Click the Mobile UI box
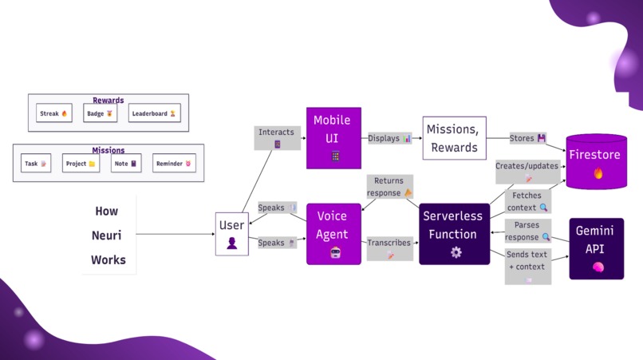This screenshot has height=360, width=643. [x=333, y=138]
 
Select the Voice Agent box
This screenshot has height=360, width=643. [x=333, y=234]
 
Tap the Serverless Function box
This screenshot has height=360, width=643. [x=454, y=234]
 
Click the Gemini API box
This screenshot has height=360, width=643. [x=596, y=248]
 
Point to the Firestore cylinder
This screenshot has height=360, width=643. [x=596, y=162]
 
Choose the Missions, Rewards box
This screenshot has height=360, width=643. [x=453, y=138]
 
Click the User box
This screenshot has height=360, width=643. [x=231, y=233]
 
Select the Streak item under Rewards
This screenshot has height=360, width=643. [x=54, y=114]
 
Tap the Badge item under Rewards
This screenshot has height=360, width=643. [x=100, y=114]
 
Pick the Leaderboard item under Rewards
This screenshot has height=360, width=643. [x=154, y=114]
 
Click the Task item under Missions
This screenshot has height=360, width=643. [x=36, y=164]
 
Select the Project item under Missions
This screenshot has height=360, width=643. [x=81, y=164]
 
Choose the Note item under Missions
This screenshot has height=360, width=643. [x=126, y=164]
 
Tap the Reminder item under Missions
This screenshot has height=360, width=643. [x=174, y=164]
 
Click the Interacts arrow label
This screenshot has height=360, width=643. [x=277, y=137]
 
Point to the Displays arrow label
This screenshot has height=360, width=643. [x=389, y=138]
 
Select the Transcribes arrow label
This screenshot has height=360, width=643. [x=389, y=247]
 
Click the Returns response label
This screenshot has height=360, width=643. [x=389, y=187]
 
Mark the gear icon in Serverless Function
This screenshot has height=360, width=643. [x=456, y=252]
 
